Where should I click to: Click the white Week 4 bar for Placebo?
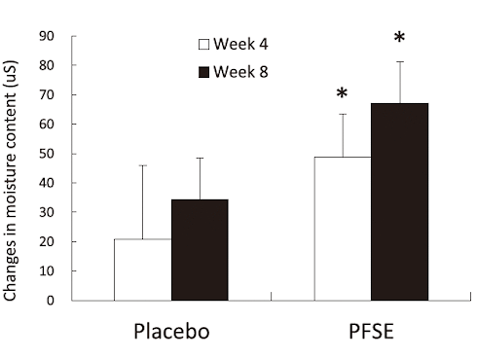tap(142, 270)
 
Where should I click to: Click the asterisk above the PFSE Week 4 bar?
tap(342, 94)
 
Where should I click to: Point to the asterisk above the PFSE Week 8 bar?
tap(399, 39)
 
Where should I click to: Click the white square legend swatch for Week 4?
tap(204, 45)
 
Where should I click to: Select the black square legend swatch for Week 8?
tap(204, 72)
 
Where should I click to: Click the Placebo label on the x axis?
tap(171, 333)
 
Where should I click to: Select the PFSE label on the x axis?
tap(370, 333)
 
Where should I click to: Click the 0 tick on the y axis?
tap(49, 300)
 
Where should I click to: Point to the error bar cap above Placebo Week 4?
tap(142, 165)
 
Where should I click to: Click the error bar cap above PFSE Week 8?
tap(399, 62)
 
